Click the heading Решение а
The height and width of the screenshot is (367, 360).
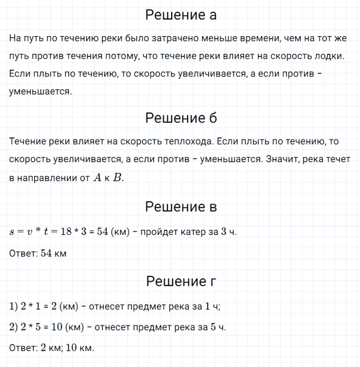[x=180, y=14]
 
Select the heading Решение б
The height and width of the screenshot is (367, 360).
[x=180, y=117]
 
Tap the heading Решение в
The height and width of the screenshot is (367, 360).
[x=180, y=207]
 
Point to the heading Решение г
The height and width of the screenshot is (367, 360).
[x=180, y=281]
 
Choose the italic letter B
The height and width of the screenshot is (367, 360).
[x=118, y=177]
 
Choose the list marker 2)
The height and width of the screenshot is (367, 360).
[x=15, y=327]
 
